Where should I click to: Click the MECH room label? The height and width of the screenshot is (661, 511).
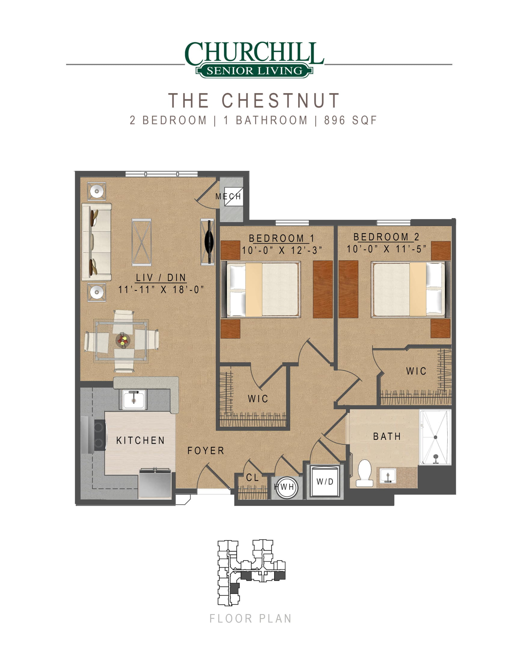[x=228, y=196]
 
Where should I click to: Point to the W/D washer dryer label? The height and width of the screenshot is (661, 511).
[x=325, y=482]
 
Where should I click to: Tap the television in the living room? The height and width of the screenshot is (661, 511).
[x=209, y=242]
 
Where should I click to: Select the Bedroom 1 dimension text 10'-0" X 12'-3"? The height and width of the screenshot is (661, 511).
[x=282, y=251]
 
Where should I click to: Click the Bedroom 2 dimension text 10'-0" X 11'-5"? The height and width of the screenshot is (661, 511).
[x=387, y=249]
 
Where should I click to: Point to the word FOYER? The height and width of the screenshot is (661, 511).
[x=206, y=451]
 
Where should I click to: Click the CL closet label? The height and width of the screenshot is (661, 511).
[x=252, y=478]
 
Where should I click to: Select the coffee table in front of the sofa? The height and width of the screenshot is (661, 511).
[x=141, y=242]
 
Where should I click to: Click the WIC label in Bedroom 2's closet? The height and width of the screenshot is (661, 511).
[x=416, y=371]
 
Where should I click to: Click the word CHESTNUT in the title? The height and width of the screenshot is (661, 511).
[x=281, y=100]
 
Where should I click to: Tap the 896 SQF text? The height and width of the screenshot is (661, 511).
[x=350, y=120]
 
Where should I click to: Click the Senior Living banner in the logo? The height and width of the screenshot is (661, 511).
[x=254, y=71]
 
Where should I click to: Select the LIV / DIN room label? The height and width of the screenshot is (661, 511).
[x=161, y=278]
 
